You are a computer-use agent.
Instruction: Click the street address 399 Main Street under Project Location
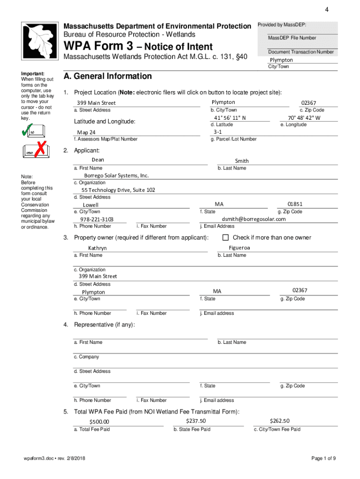tap(96, 103)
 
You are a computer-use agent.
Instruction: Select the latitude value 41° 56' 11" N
tap(230, 118)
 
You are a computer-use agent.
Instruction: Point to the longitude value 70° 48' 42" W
tap(304, 118)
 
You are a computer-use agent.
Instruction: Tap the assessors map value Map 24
tap(86, 132)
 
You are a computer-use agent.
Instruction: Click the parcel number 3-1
tap(217, 132)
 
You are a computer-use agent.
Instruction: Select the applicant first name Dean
tap(98, 160)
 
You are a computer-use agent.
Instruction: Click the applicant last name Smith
tap(242, 161)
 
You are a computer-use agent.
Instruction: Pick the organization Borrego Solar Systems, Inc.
tap(116, 175)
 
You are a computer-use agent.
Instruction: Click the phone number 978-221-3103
tap(97, 219)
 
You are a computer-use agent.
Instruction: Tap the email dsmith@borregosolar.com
tap(253, 219)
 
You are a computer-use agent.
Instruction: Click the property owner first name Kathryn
tap(97, 248)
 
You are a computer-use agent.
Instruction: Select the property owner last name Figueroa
tap(239, 247)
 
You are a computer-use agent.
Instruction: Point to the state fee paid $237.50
tap(195, 421)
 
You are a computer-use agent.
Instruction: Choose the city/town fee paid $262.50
tap(280, 421)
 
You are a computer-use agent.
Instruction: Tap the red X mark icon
tap(41, 149)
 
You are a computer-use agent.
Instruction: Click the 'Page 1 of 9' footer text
tap(324, 458)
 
